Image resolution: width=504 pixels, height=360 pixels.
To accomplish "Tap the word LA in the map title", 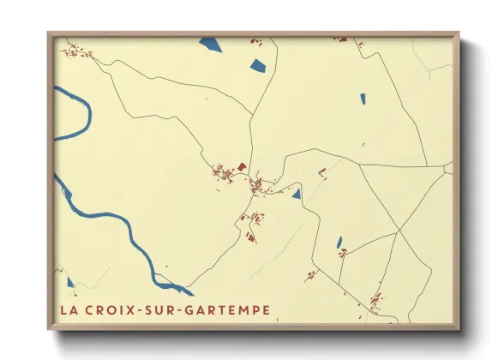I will [x=69, y=309].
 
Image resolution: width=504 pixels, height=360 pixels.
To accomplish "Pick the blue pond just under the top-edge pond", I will [x=256, y=63].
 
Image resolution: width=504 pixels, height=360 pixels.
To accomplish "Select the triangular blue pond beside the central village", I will [x=297, y=195].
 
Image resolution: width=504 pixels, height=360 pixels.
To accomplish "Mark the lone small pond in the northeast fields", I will [x=362, y=99].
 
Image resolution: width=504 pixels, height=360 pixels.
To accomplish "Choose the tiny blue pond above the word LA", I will [x=70, y=279].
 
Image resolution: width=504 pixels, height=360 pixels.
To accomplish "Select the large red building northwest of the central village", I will [x=241, y=165].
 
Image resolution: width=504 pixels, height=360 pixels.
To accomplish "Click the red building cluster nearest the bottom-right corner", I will [x=375, y=301].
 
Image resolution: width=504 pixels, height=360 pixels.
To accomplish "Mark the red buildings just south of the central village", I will [x=252, y=219].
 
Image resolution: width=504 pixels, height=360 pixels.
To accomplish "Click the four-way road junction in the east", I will [x=398, y=231].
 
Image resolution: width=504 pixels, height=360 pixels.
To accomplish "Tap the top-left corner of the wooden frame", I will [x=49, y=34].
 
